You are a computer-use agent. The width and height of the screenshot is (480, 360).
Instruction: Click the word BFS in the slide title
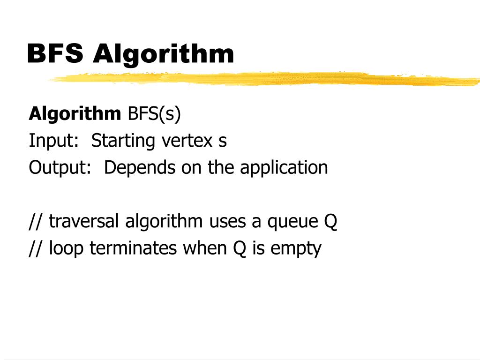(x=55, y=53)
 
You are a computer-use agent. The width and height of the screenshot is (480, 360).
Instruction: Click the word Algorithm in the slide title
(x=163, y=54)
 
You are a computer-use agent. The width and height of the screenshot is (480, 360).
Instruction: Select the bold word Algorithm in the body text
(x=75, y=114)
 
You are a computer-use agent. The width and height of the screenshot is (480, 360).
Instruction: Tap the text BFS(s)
(x=154, y=114)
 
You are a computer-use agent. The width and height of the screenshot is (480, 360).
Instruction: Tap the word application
(x=284, y=167)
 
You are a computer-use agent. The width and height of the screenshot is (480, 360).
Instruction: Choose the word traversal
(x=84, y=222)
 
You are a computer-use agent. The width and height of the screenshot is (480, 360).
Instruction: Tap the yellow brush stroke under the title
(x=262, y=79)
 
